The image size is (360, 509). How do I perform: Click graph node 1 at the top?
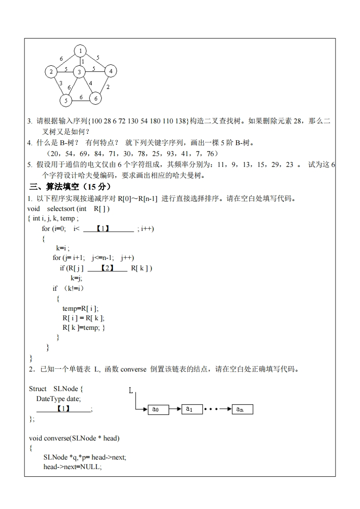point(80,50)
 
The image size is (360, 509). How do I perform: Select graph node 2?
point(51,71)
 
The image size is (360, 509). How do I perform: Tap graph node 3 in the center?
point(79,72)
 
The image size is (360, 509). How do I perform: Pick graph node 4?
point(111,71)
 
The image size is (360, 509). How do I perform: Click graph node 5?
point(66,100)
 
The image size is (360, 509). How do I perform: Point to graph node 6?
point(96,98)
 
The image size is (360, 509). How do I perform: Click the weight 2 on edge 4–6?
point(108,87)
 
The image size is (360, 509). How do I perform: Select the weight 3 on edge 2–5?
point(61,83)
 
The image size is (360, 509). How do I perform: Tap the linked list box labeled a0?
point(158,410)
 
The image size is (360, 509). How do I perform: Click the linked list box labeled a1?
point(192,409)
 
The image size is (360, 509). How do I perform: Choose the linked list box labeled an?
point(242,409)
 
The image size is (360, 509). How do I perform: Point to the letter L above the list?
point(131,390)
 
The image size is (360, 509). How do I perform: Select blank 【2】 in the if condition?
point(107,268)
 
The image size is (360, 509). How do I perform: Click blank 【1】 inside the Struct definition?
point(63,409)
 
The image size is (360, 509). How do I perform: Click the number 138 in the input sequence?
point(180,121)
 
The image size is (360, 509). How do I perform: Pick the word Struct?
point(38,389)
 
